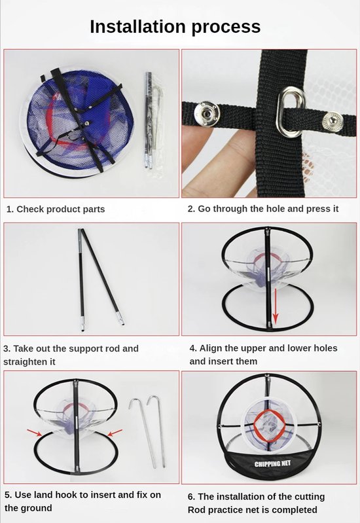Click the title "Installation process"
pos(175,26)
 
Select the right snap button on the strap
pos(332,121)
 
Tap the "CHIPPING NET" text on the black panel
pos(270,465)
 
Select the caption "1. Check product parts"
pos(56,209)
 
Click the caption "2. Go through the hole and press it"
pos(263,209)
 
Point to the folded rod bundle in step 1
pos(149,121)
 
